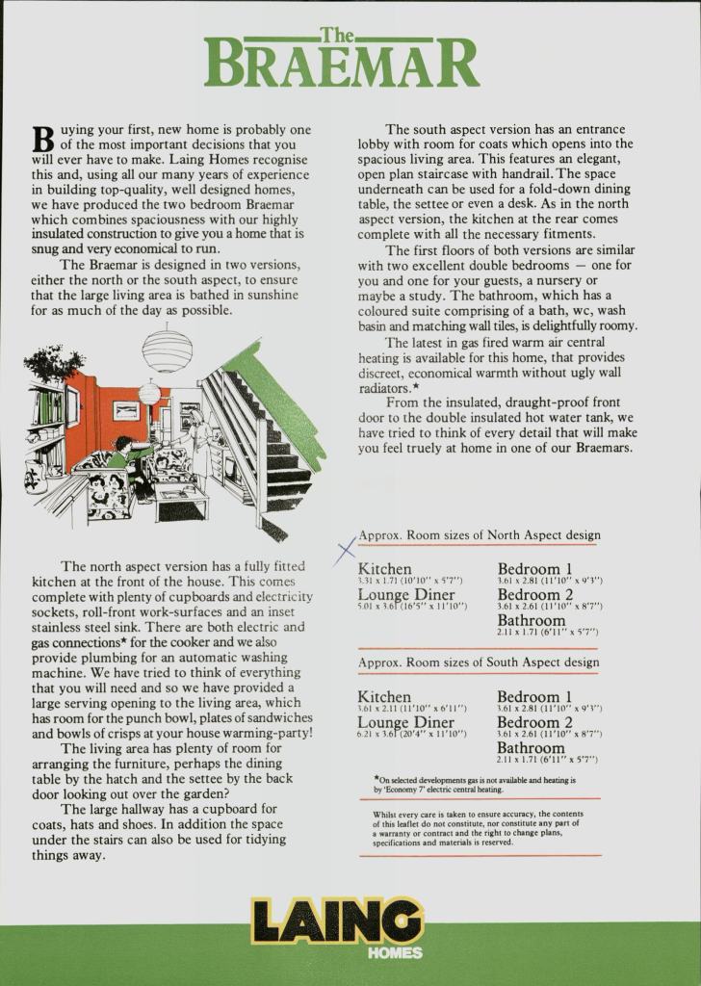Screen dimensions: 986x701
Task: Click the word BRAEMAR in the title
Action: (x=342, y=65)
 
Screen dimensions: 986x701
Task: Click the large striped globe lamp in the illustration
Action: (x=167, y=350)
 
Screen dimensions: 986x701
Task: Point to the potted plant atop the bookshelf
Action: (x=54, y=363)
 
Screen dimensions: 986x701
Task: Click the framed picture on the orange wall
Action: (x=126, y=411)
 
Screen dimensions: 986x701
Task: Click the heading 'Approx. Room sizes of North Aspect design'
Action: (x=479, y=535)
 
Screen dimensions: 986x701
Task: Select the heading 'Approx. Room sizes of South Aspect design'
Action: (x=479, y=662)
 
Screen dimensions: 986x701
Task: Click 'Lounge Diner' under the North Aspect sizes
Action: (x=406, y=595)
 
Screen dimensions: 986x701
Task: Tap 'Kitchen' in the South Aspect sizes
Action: (x=384, y=696)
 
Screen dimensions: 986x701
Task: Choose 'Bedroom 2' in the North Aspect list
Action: (x=534, y=595)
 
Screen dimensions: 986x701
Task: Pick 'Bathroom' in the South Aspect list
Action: (x=531, y=748)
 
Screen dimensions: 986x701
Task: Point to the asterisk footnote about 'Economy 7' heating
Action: (x=476, y=784)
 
